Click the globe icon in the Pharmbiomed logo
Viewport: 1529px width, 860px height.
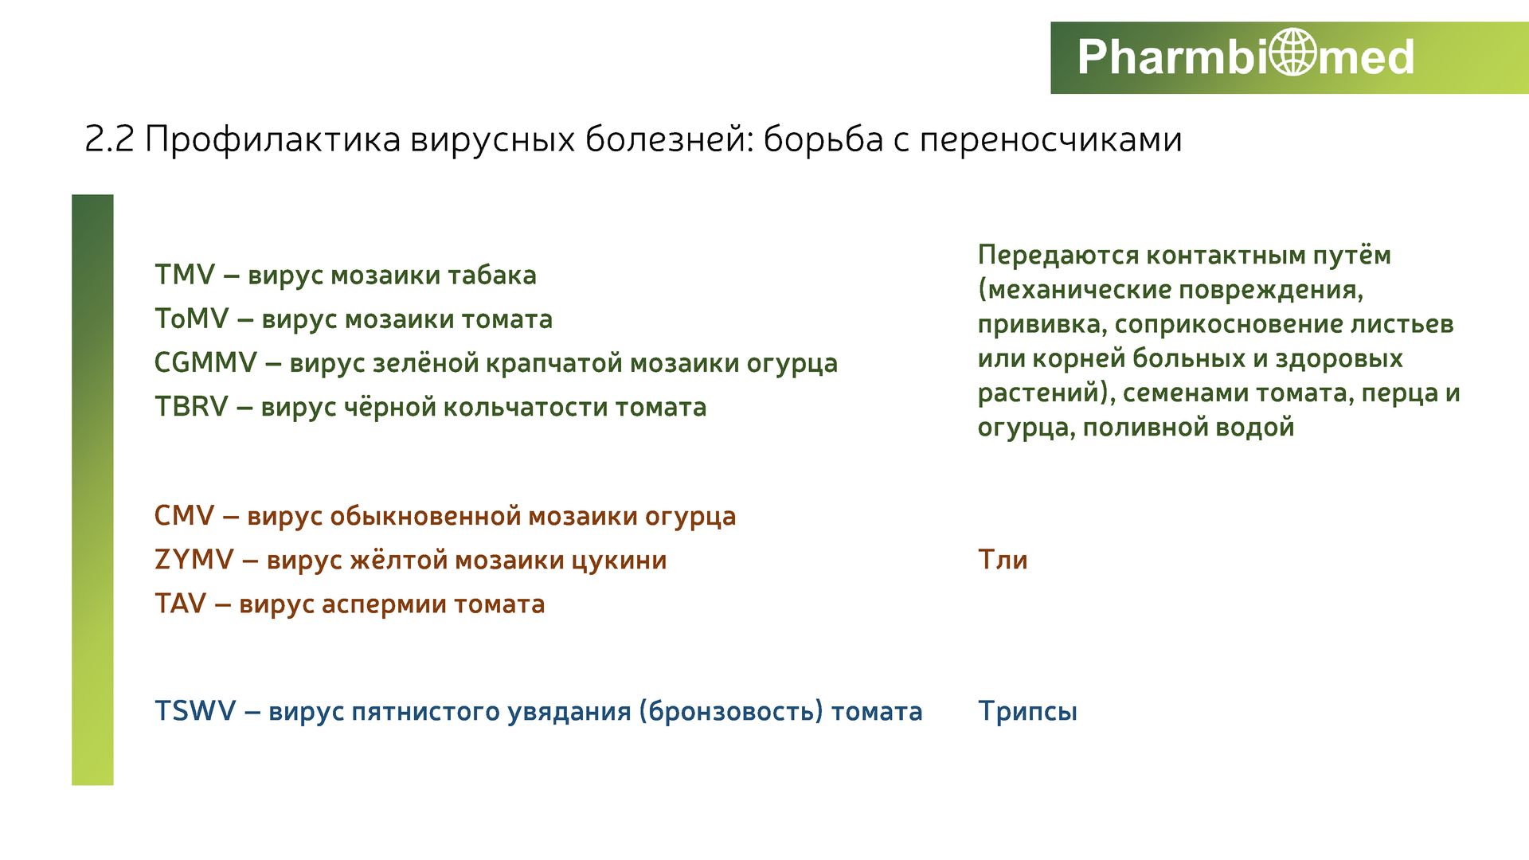click(x=1293, y=53)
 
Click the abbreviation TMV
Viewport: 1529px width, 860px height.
click(x=185, y=275)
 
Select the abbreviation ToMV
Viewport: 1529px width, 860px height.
click(x=192, y=319)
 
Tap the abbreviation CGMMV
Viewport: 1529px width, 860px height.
click(x=205, y=363)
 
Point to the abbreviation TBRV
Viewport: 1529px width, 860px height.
click(x=192, y=407)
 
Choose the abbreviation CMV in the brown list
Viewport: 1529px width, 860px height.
click(x=185, y=516)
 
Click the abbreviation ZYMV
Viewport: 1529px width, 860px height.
click(x=194, y=560)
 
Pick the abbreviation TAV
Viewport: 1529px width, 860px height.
click(x=181, y=604)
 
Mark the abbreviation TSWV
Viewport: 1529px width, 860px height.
click(x=196, y=711)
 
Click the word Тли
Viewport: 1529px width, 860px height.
click(x=1003, y=560)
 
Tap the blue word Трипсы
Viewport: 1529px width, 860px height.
click(x=1027, y=712)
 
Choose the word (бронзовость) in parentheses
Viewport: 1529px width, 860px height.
click(x=730, y=711)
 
